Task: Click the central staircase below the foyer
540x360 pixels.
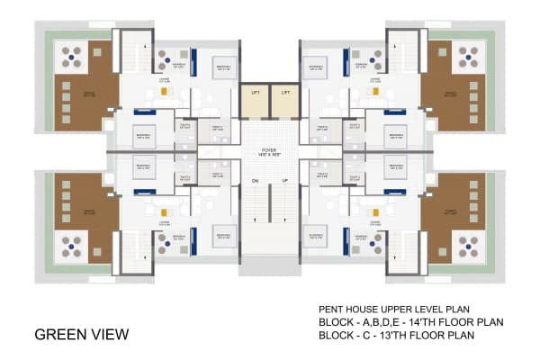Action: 270,225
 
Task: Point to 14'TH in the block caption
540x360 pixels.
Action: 423,321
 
